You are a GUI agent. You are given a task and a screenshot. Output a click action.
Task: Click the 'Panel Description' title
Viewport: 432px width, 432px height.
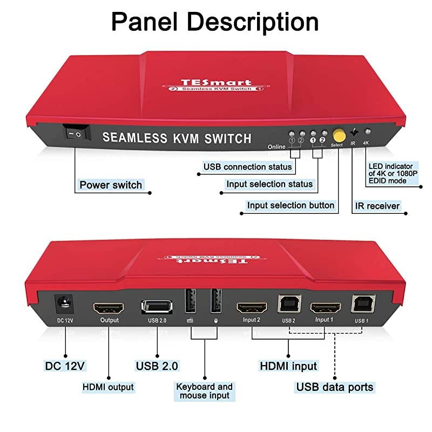coord(215,23)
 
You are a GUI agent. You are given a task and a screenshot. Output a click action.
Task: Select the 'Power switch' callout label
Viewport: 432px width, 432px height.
coord(111,185)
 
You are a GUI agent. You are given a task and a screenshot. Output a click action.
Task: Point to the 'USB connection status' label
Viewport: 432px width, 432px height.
coord(247,167)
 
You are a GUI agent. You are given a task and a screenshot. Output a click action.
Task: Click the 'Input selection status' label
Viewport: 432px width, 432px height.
coord(269,184)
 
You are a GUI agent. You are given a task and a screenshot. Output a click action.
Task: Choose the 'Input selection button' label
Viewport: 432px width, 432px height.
coord(291,205)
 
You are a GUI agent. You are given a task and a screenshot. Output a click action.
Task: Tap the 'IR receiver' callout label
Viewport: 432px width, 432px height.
coord(377,206)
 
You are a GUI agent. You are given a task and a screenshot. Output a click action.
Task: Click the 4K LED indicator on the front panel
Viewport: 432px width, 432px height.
coord(368,131)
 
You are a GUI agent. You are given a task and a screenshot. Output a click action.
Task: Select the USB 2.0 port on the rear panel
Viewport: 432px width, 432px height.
coord(157,307)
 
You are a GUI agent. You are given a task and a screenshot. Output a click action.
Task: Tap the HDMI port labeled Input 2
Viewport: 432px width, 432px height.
coord(252,308)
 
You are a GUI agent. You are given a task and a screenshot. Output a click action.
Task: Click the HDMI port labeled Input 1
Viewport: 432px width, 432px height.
coord(325,308)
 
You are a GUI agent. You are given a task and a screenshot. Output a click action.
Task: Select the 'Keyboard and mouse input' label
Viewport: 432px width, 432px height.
coord(204,391)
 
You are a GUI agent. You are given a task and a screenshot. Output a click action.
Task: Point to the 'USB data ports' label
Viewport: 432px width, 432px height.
coord(334,387)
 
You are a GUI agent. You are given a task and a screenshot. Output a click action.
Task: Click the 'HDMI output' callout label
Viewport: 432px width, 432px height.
coord(108,387)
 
